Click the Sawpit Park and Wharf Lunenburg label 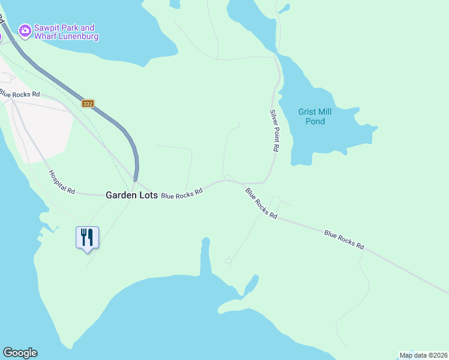pyautogui.click(x=64, y=32)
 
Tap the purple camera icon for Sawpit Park pyautogui.click(x=25, y=30)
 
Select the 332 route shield pyautogui.click(x=88, y=104)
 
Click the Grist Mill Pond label pyautogui.click(x=315, y=116)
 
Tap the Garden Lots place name pyautogui.click(x=131, y=195)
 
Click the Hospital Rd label pyautogui.click(x=62, y=182)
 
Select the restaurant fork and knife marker pyautogui.click(x=87, y=238)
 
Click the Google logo pyautogui.click(x=20, y=353)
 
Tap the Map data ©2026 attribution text pyautogui.click(x=423, y=355)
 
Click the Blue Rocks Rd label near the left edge pyautogui.click(x=20, y=94)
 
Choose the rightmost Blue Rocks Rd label pyautogui.click(x=344, y=239)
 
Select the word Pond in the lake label pyautogui.click(x=315, y=122)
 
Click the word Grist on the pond pyautogui.click(x=308, y=112)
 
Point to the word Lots pyautogui.click(x=147, y=195)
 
